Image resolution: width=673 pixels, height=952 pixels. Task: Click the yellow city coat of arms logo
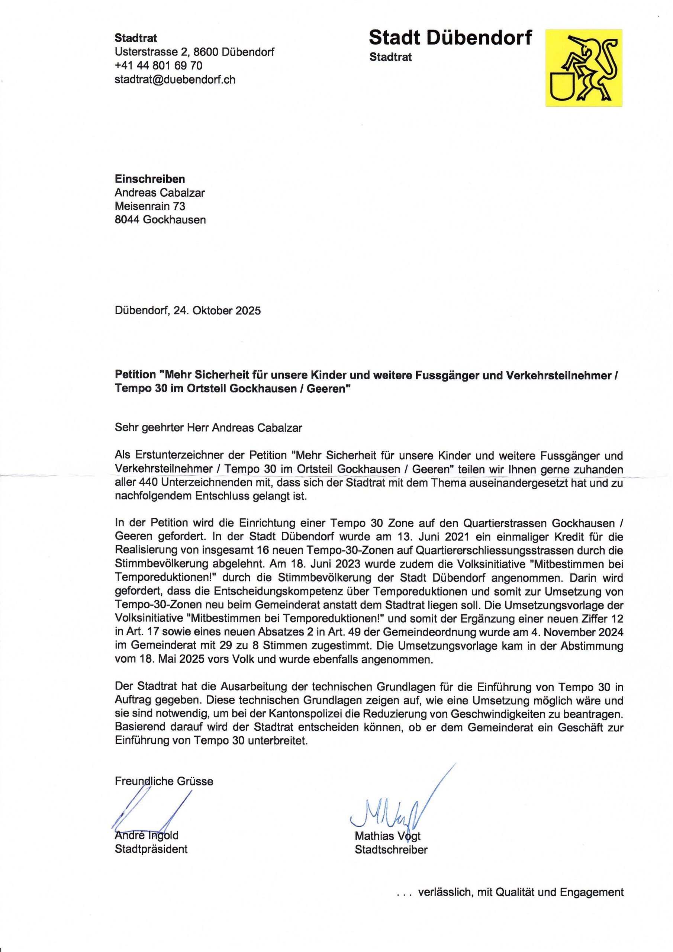point(583,68)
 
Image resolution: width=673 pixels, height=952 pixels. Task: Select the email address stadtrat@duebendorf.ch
point(175,79)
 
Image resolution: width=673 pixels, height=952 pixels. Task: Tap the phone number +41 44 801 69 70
point(158,65)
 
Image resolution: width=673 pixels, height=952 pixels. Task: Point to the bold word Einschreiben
point(150,179)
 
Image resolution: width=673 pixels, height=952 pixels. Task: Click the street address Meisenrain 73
point(150,206)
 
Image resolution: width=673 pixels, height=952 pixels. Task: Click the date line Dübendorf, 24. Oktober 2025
point(187,311)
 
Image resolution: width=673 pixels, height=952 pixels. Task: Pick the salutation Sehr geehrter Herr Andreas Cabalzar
point(208,428)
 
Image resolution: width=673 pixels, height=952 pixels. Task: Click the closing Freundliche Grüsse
point(164,781)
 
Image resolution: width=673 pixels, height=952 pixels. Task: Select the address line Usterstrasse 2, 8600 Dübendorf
point(194,52)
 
